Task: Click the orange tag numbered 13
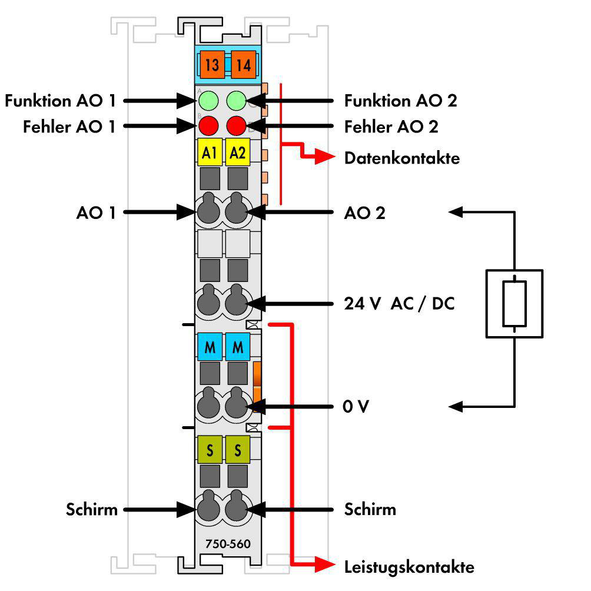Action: coord(212,64)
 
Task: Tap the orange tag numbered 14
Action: coord(243,64)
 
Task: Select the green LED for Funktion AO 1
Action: coord(208,101)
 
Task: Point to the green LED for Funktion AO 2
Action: coord(236,101)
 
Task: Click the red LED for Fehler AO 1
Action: coord(208,125)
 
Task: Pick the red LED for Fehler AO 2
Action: coord(236,125)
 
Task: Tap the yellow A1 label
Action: coord(210,152)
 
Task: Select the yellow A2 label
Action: coord(237,152)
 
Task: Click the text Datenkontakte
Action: coord(402,158)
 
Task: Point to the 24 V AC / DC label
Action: coord(399,303)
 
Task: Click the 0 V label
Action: coord(356,406)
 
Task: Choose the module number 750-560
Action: coord(228,543)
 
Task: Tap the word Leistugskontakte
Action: coord(409,567)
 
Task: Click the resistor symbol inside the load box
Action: coord(514,304)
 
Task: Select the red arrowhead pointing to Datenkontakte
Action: coord(324,157)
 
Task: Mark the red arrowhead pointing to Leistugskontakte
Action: coord(324,565)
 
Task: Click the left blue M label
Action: coord(210,347)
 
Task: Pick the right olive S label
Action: coord(237,450)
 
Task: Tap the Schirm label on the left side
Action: coord(92,509)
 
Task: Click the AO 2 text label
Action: coord(364,213)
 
